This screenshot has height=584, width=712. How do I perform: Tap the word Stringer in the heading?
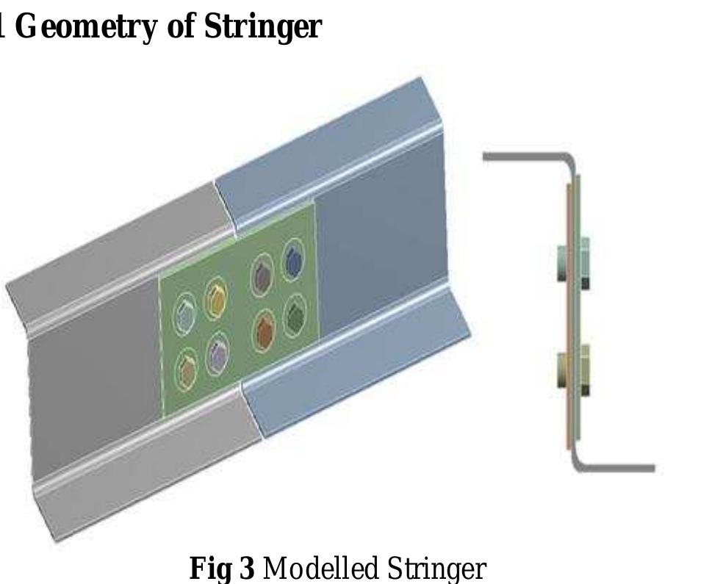tap(262, 26)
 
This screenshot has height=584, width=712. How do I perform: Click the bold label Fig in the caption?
tap(209, 568)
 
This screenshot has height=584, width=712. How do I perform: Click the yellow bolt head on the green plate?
tap(215, 298)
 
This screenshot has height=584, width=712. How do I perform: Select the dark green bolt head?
tap(295, 316)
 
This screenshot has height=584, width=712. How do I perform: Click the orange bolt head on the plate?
tap(265, 331)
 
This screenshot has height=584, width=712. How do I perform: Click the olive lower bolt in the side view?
tap(572, 371)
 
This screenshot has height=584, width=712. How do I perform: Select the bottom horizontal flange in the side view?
tap(617, 468)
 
